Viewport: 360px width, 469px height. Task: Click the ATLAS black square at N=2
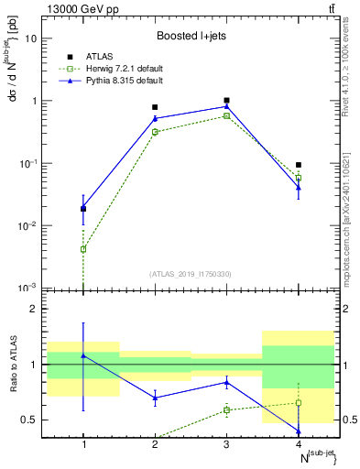[x=155, y=107]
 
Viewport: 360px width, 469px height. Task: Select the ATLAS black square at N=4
[x=299, y=165]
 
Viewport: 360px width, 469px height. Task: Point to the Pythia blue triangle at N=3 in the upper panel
[x=227, y=106]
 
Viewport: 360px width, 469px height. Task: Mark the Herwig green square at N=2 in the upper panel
[x=155, y=132]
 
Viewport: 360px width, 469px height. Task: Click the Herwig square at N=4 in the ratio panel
[x=299, y=403]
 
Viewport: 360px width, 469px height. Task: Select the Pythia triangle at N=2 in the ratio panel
[x=155, y=398]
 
